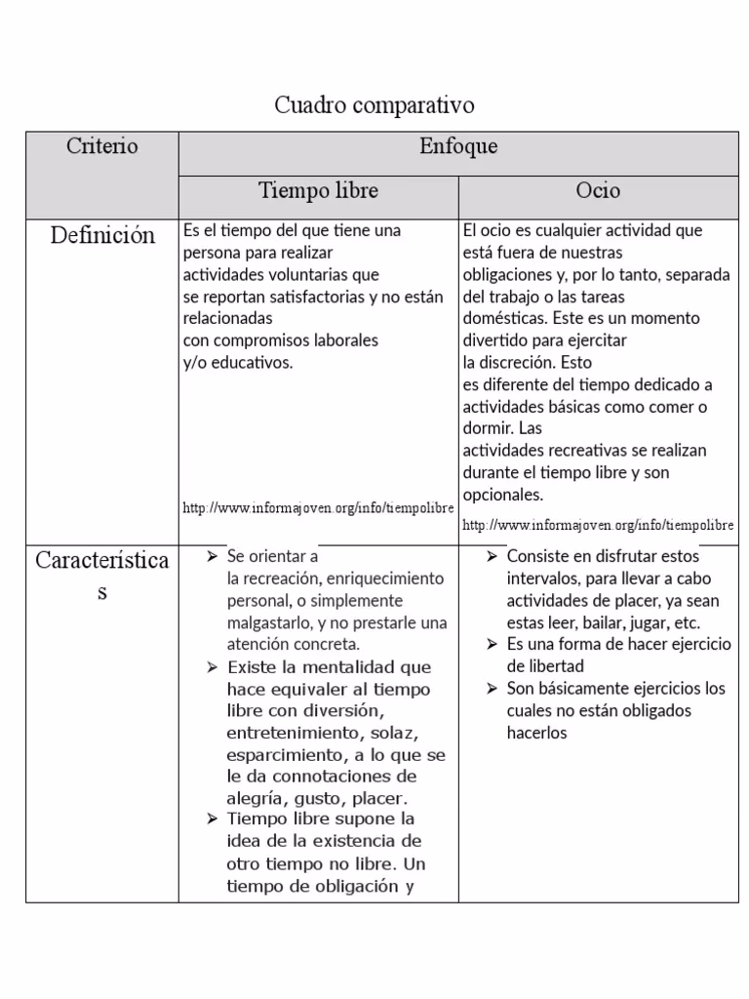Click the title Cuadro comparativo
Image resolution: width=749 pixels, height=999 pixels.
tap(374, 104)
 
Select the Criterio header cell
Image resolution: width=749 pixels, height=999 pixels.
tap(101, 146)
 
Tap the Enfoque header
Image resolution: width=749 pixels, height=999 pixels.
tap(457, 146)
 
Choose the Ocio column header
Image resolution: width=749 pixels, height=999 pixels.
tap(597, 190)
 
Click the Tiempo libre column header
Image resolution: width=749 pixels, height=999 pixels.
tap(318, 190)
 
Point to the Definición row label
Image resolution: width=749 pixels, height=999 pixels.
tap(101, 235)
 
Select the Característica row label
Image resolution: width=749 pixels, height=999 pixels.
tap(101, 561)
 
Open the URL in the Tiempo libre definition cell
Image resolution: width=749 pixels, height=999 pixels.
tap(318, 508)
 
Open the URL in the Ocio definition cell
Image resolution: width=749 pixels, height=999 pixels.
tap(597, 525)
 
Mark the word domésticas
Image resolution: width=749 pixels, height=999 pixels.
tap(504, 318)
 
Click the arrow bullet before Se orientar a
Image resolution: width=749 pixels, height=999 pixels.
tap(212, 556)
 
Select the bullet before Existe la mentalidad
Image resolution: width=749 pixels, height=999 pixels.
tap(212, 667)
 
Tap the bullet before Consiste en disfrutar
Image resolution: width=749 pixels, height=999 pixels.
tap(493, 556)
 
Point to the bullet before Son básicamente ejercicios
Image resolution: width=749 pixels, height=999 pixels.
tap(493, 689)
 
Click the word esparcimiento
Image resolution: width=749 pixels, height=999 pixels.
tap(283, 754)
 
